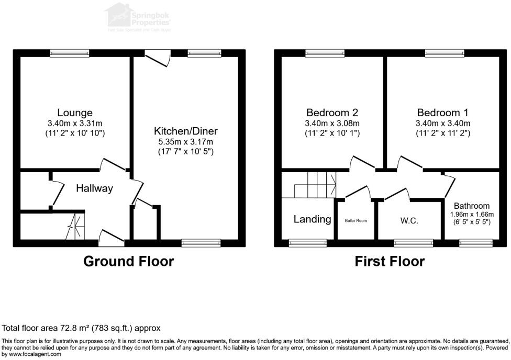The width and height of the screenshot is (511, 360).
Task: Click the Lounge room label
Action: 75,113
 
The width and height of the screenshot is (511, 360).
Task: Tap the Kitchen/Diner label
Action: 185,130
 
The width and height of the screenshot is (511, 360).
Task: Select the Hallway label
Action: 94,188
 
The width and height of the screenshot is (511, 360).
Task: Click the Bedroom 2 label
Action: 332,113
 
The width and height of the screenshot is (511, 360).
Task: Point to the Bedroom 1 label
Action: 442,113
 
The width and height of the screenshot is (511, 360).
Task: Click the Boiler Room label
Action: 356,221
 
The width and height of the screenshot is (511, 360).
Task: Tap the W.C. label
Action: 409,221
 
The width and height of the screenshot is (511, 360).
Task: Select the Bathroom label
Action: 472,206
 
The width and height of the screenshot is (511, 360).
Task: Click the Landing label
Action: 312,219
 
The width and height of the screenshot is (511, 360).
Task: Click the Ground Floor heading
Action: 129,261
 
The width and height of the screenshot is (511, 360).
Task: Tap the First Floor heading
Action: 390,261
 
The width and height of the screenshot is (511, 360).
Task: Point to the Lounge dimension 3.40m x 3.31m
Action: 75,123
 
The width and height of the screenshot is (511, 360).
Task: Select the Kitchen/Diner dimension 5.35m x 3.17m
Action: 185,142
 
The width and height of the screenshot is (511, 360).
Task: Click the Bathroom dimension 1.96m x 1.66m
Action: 472,215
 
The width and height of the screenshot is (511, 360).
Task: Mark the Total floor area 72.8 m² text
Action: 81,328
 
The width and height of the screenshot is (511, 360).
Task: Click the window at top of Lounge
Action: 70,53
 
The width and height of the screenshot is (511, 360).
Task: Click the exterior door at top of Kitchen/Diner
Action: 158,57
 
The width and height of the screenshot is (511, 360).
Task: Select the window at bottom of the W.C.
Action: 413,243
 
